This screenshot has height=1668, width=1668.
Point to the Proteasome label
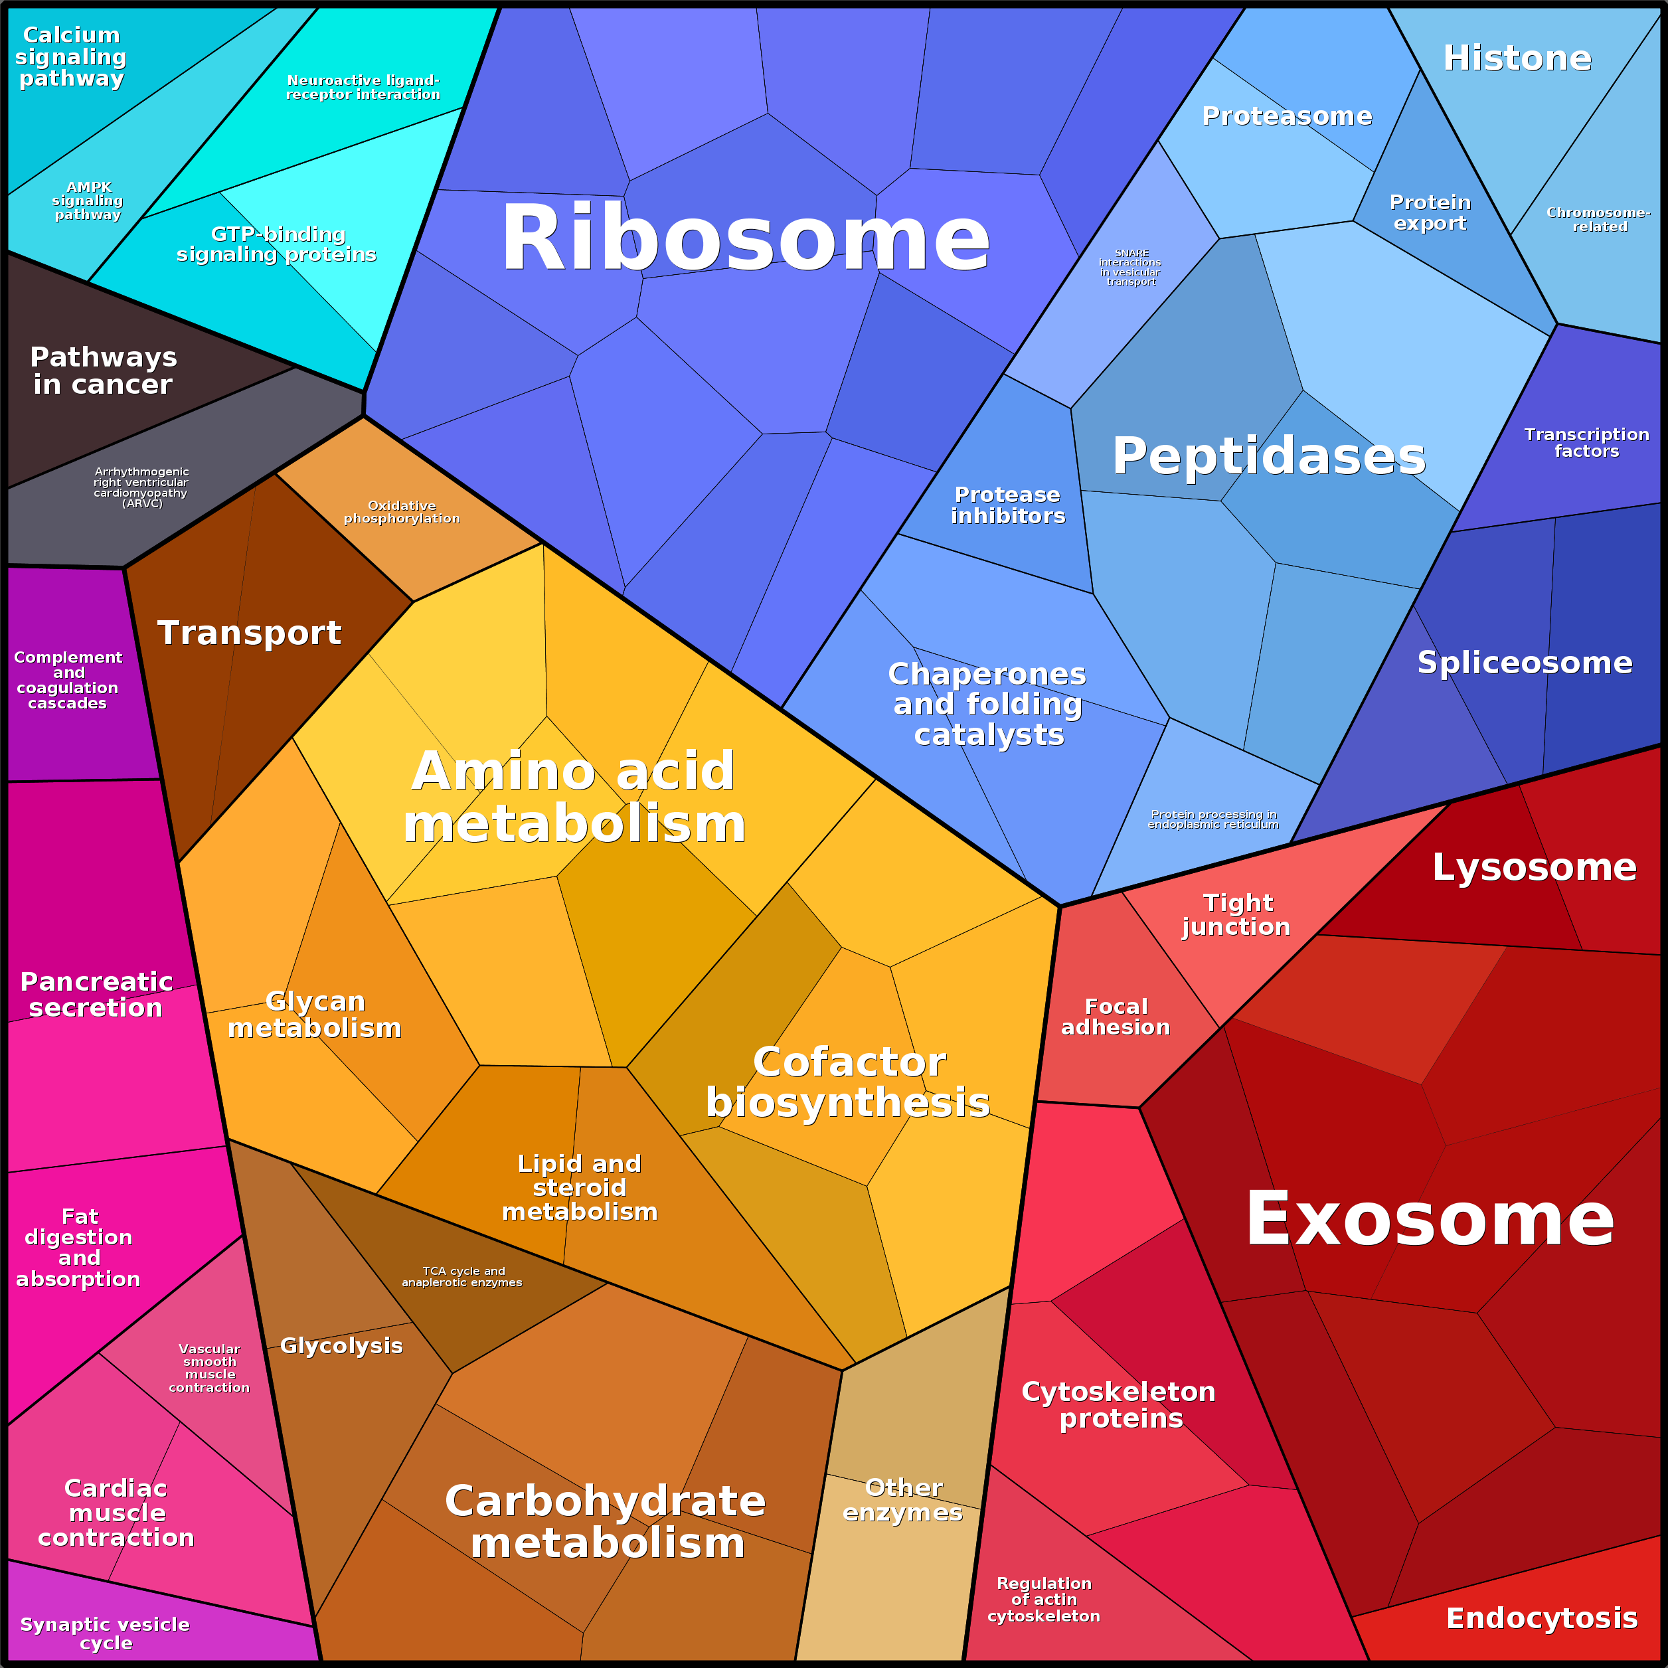tap(1286, 116)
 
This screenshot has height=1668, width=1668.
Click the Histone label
tap(1517, 58)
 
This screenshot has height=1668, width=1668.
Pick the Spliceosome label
tap(1525, 662)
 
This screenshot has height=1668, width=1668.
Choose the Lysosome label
tap(1534, 867)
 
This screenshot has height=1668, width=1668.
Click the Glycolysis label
tap(341, 1345)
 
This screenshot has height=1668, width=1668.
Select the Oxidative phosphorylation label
tap(402, 512)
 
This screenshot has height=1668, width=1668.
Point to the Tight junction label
tap(1236, 914)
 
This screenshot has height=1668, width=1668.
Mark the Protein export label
tap(1430, 212)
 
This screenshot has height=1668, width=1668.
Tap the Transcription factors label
tap(1586, 442)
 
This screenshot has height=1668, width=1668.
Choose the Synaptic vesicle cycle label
tap(106, 1633)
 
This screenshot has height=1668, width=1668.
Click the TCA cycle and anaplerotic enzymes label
tap(462, 1276)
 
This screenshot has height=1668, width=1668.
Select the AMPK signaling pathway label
tap(88, 201)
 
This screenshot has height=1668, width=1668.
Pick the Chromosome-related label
tap(1599, 219)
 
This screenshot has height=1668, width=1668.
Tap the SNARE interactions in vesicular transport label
tap(1130, 267)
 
